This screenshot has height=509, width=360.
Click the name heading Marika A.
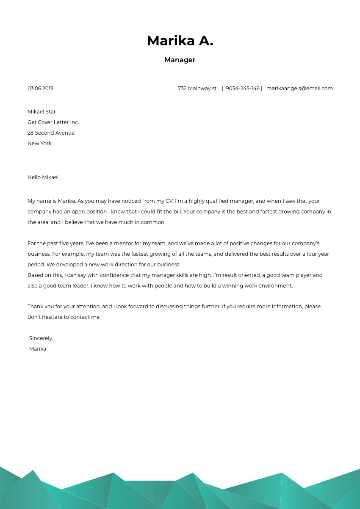point(180,41)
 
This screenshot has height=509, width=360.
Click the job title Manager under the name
point(180,60)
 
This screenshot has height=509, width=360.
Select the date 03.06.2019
point(40,89)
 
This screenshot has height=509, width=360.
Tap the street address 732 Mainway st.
point(197,89)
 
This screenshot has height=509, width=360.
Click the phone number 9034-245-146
point(242,89)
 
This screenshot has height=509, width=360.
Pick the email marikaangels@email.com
point(299,89)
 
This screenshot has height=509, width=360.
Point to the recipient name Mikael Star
point(42,112)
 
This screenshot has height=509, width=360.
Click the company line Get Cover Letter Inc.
point(53,122)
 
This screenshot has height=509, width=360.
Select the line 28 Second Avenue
point(51,133)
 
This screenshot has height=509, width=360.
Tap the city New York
point(39,144)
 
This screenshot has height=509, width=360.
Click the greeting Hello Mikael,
point(43,177)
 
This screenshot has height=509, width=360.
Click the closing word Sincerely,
point(41,338)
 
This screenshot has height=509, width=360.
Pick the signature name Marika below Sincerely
point(37,349)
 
